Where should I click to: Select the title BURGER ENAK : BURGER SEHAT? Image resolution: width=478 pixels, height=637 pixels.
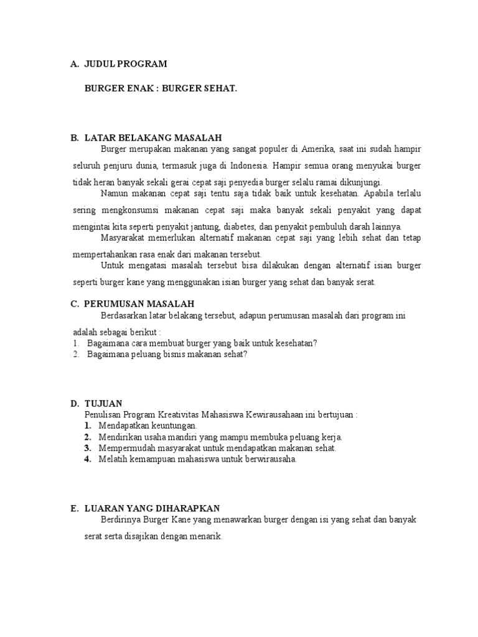[x=161, y=89]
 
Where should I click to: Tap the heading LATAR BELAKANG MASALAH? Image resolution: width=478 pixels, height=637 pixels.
[x=153, y=137]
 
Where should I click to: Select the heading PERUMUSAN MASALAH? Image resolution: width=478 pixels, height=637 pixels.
[x=139, y=304]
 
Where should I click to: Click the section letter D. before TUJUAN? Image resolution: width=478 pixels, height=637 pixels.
[x=74, y=404]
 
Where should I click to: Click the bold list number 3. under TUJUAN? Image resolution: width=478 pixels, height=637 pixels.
[x=88, y=448]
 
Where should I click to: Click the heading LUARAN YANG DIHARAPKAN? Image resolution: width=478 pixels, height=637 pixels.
[x=152, y=508]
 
